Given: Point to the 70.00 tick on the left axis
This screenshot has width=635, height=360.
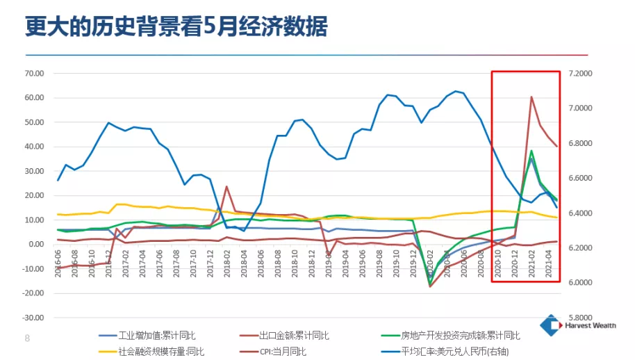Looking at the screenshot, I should [33, 73].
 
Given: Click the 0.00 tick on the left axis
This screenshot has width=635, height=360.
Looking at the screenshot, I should [35, 245].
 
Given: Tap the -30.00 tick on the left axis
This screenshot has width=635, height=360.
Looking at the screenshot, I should [33, 318].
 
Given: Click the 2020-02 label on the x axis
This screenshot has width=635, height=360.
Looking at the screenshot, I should [430, 265].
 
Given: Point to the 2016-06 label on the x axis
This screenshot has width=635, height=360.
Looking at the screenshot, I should [58, 265].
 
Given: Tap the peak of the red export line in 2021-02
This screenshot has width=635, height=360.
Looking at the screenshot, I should [531, 97].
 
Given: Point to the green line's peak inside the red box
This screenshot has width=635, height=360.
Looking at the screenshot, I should [531, 151].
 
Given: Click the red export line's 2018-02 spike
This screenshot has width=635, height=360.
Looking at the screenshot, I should [226, 186].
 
